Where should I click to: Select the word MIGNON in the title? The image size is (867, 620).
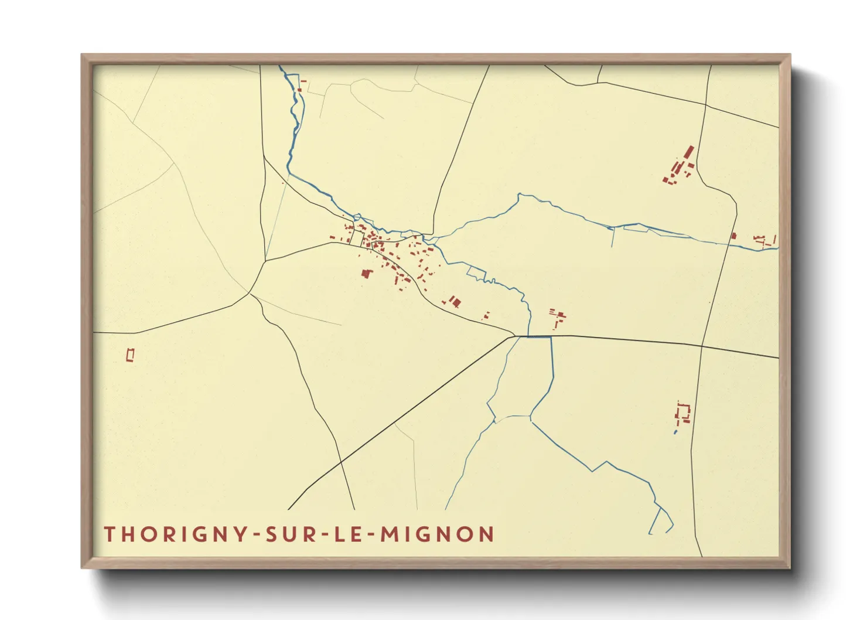click(437, 534)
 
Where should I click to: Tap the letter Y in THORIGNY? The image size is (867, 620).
click(241, 534)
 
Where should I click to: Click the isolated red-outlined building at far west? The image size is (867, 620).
click(131, 355)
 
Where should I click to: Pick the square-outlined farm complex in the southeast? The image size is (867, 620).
click(683, 413)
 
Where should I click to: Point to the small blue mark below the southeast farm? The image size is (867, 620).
click(675, 432)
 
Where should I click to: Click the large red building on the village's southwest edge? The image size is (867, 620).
click(367, 273)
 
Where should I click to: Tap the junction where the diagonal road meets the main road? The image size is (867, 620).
click(514, 336)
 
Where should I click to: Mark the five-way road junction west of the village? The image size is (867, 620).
click(251, 293)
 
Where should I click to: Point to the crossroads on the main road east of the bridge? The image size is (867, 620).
click(701, 346)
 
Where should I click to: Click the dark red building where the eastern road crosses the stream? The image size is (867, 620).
click(733, 236)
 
